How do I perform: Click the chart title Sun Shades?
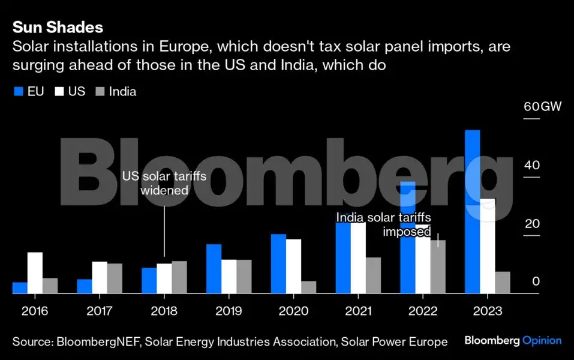click(x=58, y=27)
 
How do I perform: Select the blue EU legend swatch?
click(x=18, y=92)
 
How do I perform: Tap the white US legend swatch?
click(x=59, y=92)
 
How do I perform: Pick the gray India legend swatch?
click(x=100, y=92)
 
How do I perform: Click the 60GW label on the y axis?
click(x=542, y=107)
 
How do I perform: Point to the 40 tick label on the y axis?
click(x=531, y=166)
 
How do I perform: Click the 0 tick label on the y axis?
click(x=536, y=281)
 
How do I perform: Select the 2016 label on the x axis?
click(x=35, y=311)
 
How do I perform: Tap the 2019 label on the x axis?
click(x=229, y=311)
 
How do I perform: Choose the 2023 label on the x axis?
click(x=487, y=311)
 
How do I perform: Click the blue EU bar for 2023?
click(x=472, y=212)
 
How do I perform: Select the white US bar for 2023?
click(x=487, y=246)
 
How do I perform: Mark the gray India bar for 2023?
click(x=503, y=283)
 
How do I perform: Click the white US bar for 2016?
click(x=35, y=273)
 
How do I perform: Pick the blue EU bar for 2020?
click(x=278, y=264)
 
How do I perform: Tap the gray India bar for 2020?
click(x=308, y=287)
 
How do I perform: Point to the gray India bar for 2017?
click(x=115, y=278)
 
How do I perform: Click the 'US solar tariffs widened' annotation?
click(x=164, y=184)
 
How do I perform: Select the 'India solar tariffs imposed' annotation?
click(x=384, y=224)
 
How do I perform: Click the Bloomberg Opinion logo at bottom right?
click(x=513, y=341)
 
